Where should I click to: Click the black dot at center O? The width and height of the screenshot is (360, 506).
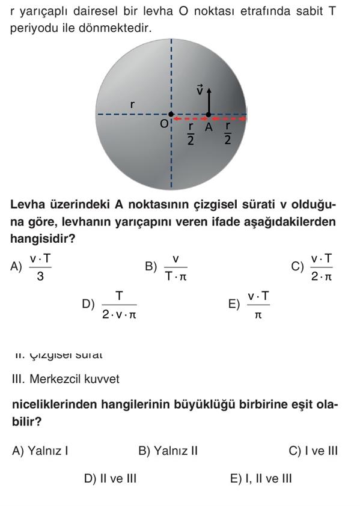click(x=171, y=114)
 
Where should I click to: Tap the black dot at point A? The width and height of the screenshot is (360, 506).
click(x=209, y=114)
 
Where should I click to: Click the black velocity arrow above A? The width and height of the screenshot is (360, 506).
click(x=209, y=100)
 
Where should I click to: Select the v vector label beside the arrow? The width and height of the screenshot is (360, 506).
click(x=200, y=90)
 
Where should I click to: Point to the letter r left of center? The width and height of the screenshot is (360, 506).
click(x=132, y=105)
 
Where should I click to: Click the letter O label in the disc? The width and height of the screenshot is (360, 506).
click(x=163, y=124)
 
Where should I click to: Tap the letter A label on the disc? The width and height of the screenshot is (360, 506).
click(x=209, y=127)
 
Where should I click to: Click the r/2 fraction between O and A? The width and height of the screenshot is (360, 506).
click(x=191, y=133)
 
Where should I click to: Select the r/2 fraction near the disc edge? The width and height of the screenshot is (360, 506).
click(x=228, y=133)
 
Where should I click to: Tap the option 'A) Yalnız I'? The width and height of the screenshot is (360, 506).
click(x=40, y=451)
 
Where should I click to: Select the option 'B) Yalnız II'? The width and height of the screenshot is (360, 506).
click(x=168, y=451)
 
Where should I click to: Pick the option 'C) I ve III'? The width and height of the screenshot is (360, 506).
click(x=313, y=451)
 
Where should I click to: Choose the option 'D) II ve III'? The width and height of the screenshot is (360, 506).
click(x=110, y=478)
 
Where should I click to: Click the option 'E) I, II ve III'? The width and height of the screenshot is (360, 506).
click(x=261, y=478)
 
